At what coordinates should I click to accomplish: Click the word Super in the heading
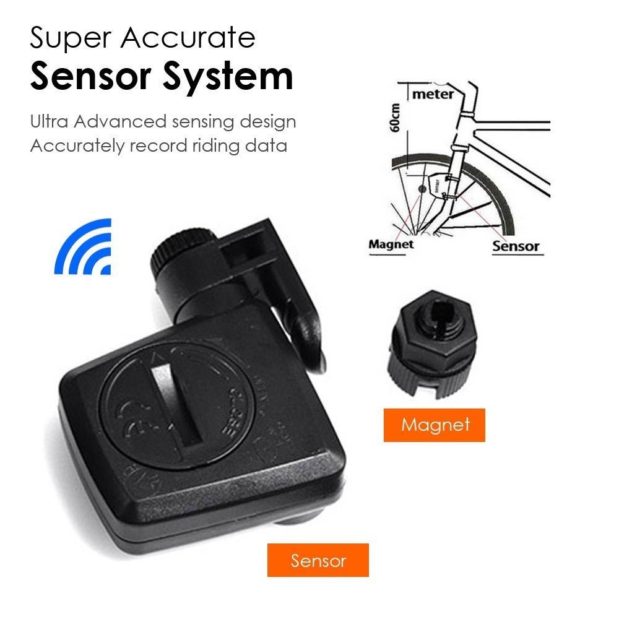click(69, 38)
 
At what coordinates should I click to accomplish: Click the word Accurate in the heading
click(188, 38)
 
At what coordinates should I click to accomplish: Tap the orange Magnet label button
click(434, 425)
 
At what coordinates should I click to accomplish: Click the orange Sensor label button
click(318, 560)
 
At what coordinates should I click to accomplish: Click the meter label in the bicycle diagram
click(433, 94)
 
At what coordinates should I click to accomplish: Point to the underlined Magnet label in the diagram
click(391, 244)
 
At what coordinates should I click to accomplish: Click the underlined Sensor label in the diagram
click(516, 246)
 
